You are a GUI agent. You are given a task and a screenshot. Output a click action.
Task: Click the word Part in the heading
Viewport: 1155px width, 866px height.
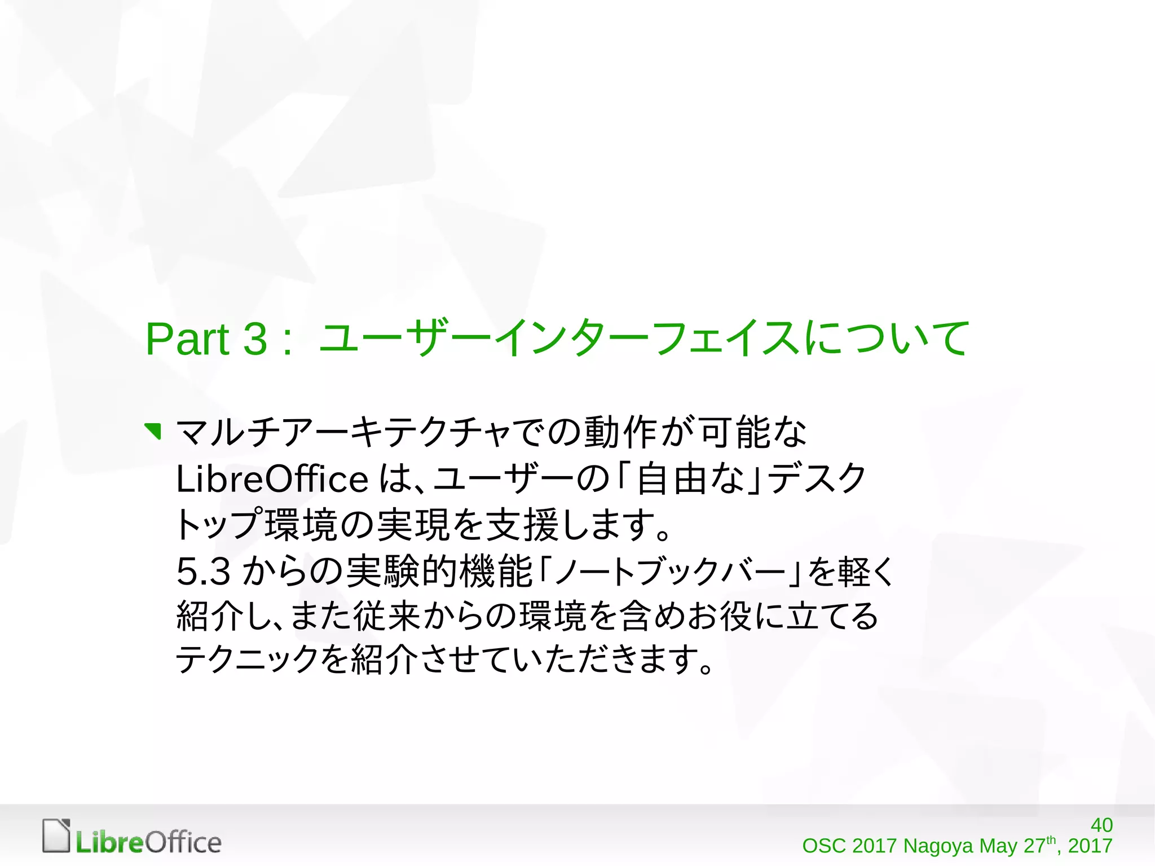[x=187, y=339]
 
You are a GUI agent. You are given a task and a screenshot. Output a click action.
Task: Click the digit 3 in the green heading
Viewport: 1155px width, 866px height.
[x=255, y=339]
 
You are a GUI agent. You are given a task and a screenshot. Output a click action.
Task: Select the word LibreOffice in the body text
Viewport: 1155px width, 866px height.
[x=272, y=480]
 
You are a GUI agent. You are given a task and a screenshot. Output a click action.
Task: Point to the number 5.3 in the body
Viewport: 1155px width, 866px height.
[x=203, y=571]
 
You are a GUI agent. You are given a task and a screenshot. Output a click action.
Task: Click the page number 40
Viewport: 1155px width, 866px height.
[x=1101, y=825]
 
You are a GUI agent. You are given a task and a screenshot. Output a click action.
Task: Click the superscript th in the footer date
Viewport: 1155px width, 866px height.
[x=1051, y=839]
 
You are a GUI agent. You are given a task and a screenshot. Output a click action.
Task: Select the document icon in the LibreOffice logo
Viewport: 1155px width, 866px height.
[x=56, y=835]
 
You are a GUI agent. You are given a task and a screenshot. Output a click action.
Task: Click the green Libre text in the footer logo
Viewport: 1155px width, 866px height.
[x=110, y=843]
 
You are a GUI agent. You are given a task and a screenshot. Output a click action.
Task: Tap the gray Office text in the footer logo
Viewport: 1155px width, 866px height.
[x=183, y=843]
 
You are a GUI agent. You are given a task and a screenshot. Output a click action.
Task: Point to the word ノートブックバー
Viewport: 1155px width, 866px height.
[x=671, y=572]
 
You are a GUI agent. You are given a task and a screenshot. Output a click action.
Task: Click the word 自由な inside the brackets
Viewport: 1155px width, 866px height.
[x=690, y=479]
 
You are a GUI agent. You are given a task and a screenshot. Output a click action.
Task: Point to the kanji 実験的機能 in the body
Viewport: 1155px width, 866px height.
[x=439, y=571]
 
